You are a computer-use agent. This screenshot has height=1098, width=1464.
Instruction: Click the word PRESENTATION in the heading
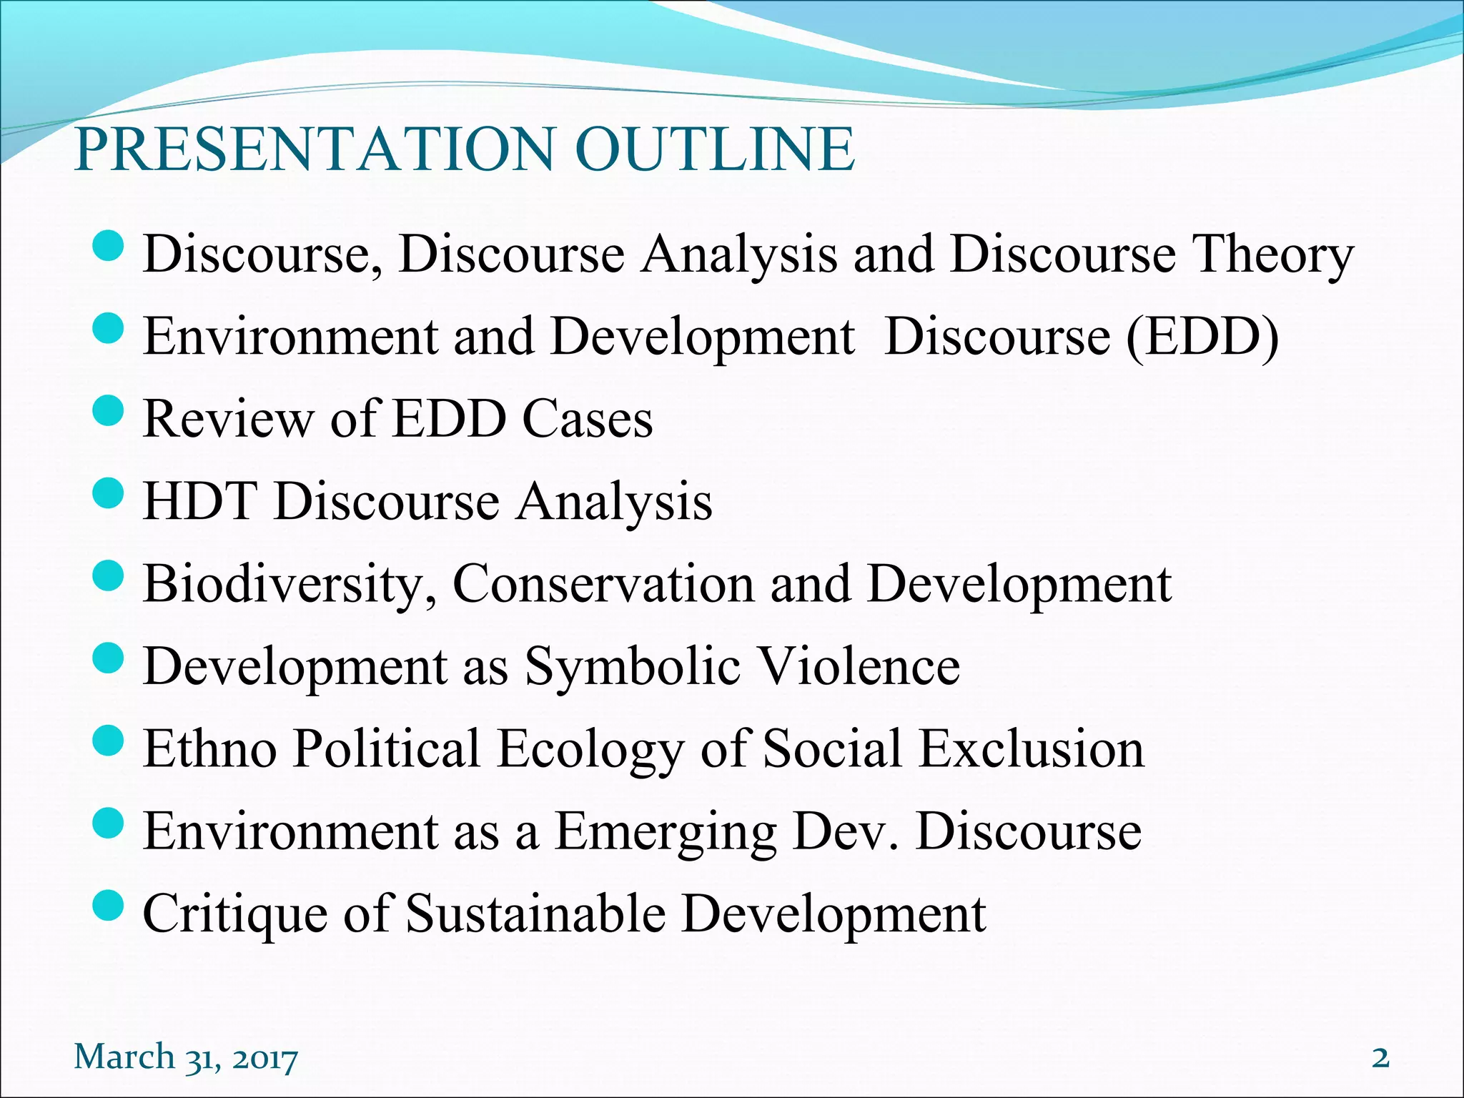[315, 149]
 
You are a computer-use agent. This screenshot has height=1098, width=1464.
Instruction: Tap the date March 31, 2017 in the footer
[186, 1057]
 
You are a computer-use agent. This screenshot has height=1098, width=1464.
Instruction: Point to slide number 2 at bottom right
[1380, 1057]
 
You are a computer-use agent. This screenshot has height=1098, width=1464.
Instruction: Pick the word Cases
[588, 419]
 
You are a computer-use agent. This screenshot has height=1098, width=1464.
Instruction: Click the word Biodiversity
[290, 585]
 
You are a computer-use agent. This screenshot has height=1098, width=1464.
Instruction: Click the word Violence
[859, 666]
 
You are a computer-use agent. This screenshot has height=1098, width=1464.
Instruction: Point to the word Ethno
[210, 748]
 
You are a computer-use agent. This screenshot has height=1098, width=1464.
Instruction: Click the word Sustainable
[535, 914]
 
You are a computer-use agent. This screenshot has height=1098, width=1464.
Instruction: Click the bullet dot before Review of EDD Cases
[109, 412]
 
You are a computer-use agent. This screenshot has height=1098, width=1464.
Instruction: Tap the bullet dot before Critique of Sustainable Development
[109, 907]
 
